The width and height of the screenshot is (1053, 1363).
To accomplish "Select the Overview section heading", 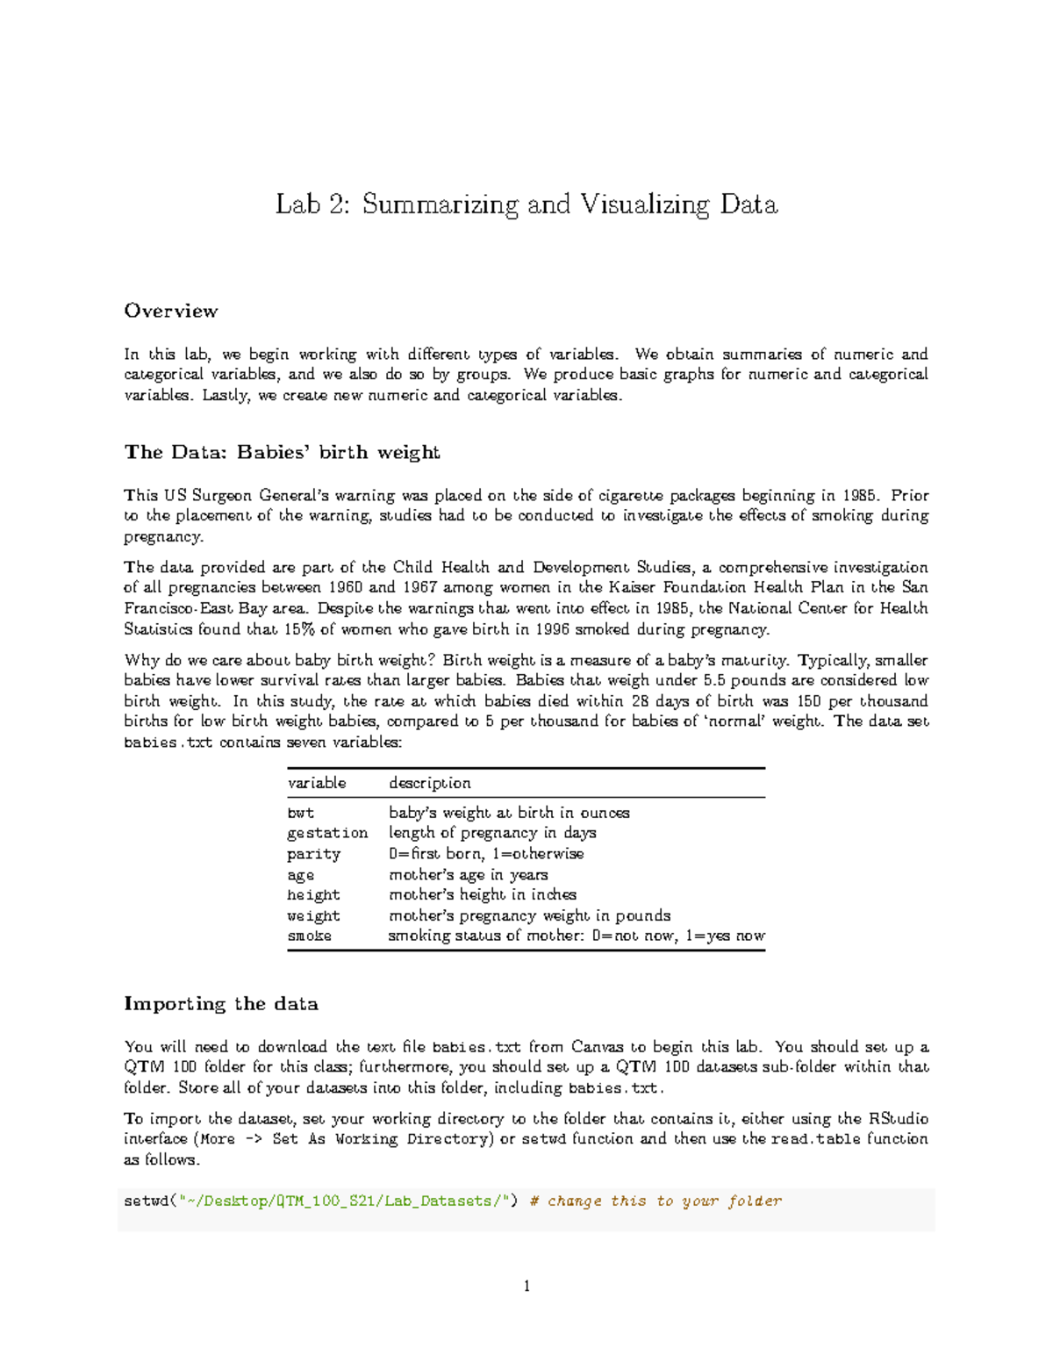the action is (x=170, y=311).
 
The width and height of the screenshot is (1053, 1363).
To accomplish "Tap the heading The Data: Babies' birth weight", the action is (x=282, y=452).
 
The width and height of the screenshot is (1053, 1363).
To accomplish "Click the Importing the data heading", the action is (x=220, y=1003).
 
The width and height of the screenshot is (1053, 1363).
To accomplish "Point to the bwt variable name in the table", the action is (x=300, y=813).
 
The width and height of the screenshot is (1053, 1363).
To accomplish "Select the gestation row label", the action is (x=327, y=833).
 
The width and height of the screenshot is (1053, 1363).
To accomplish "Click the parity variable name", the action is (x=313, y=854).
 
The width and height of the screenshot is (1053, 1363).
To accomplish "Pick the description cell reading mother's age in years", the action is (x=468, y=874).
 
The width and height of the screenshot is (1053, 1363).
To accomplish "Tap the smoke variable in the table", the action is (x=309, y=936).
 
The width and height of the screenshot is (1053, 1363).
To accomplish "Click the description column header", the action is (x=429, y=783).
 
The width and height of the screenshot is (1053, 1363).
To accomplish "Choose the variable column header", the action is (x=317, y=783).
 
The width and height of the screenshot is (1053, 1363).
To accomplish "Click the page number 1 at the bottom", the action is (x=526, y=1287).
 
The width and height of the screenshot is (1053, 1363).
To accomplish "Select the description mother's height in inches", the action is (x=482, y=894).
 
